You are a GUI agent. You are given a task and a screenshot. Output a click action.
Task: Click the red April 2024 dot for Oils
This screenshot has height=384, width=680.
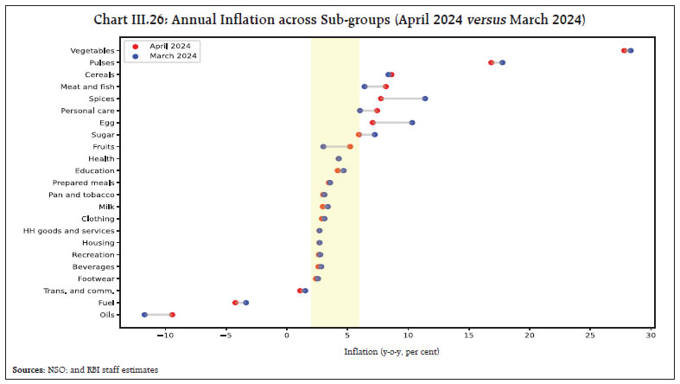coord(172,315)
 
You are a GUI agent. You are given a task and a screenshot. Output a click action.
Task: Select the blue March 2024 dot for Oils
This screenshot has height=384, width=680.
coord(144,315)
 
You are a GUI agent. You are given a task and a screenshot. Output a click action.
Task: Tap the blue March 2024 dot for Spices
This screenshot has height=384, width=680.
coord(425,99)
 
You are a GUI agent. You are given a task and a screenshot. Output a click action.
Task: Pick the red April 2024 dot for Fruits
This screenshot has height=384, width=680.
coord(350,147)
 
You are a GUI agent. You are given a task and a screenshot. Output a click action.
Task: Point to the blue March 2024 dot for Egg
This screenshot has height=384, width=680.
coord(412,123)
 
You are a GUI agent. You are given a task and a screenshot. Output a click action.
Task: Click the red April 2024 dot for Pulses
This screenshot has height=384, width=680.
coord(492,62)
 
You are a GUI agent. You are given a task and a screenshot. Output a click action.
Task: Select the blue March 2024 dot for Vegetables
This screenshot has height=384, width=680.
coord(631,50)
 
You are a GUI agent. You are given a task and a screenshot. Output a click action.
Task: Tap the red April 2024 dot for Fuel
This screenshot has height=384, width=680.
coord(235,303)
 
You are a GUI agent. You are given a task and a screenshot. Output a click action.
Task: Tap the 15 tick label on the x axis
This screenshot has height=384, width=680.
coord(468,334)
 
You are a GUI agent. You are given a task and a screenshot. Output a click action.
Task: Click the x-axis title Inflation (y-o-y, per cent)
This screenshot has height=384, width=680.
coord(384,352)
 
